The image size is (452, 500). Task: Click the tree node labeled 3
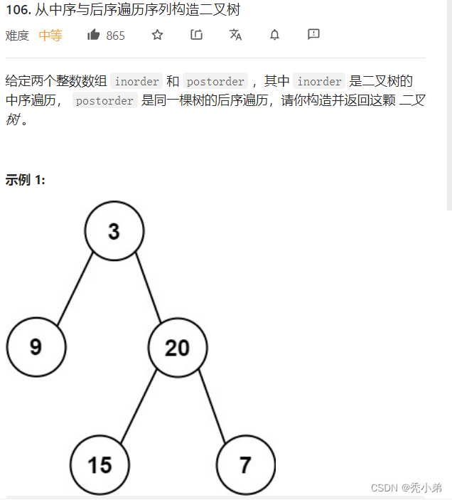[114, 230]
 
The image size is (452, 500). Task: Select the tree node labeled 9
[36, 347]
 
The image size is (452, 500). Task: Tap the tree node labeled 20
[178, 347]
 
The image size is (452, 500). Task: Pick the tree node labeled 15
[100, 464]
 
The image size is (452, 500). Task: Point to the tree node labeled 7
[245, 464]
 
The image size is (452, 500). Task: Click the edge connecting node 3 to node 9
[75, 289]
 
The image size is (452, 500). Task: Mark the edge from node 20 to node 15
[138, 408]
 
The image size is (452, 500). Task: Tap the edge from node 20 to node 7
[212, 406]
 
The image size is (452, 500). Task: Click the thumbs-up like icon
[93, 35]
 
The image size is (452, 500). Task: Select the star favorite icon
[158, 35]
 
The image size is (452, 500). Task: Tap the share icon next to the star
[197, 35]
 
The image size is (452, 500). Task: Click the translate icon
[235, 35]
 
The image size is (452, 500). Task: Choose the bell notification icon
[274, 35]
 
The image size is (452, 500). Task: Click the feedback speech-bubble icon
[313, 34]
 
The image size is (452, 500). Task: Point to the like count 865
[115, 36]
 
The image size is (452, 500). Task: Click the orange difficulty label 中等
[50, 36]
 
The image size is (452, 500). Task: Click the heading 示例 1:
[26, 180]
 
